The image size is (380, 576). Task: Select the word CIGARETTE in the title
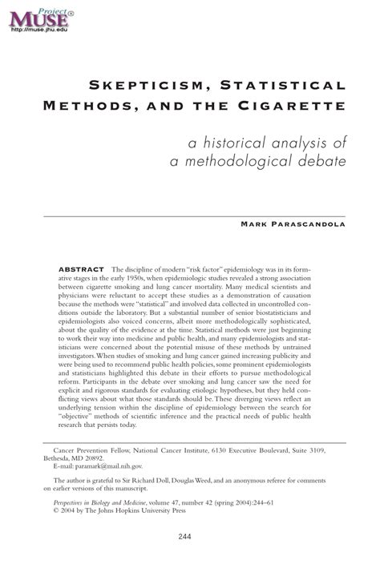pyautogui.click(x=299, y=105)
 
